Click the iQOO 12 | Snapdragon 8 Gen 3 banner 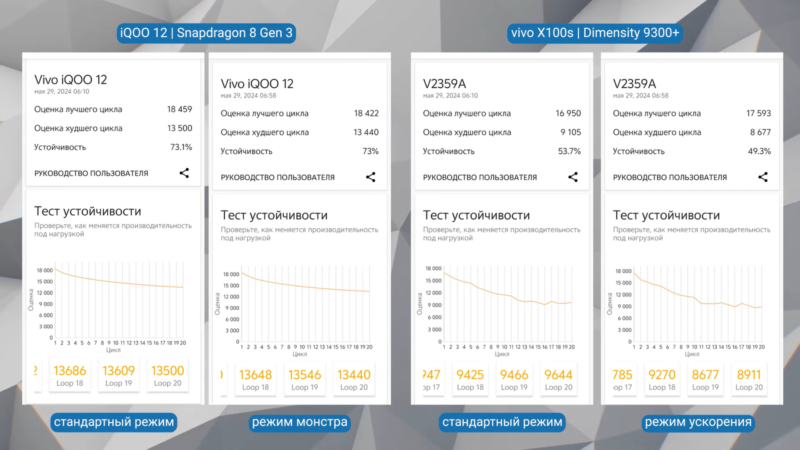click(206, 33)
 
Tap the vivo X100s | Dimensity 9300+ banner click(595, 33)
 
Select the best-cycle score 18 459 click(179, 109)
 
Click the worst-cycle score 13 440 click(365, 132)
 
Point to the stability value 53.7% click(569, 151)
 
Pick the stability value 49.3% click(759, 151)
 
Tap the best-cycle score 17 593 click(758, 113)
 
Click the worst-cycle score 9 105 click(570, 132)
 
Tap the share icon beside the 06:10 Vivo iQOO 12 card click(184, 173)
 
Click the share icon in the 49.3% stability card click(763, 177)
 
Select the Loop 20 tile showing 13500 click(167, 375)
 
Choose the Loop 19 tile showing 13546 click(304, 379)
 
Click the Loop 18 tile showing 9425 click(470, 379)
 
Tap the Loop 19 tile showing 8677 click(705, 379)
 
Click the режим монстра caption click(299, 422)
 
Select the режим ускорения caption click(698, 422)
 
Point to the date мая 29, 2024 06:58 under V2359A click(640, 95)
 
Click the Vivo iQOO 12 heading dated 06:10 click(70, 79)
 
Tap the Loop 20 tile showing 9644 click(558, 379)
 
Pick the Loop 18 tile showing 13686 click(69, 375)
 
